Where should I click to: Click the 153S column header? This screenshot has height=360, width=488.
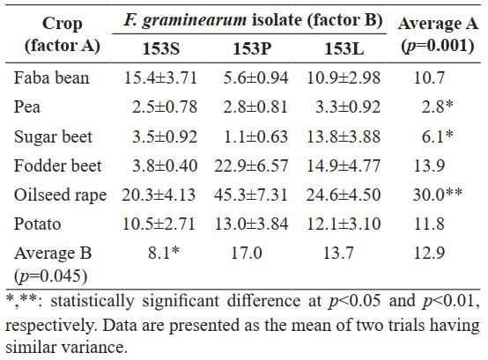point(161,48)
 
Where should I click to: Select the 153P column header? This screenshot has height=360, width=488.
point(252,48)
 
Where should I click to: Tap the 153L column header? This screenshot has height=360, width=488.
point(344,48)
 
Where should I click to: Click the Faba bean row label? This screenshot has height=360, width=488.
point(51,77)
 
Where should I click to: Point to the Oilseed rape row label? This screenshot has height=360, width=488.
point(60,195)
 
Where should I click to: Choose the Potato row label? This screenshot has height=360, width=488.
point(37,224)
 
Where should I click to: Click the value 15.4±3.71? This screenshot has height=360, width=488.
point(160,77)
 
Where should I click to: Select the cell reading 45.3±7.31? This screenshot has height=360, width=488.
point(250,195)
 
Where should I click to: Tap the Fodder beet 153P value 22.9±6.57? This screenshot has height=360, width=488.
point(251,165)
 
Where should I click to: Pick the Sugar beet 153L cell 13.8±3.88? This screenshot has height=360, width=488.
point(344,136)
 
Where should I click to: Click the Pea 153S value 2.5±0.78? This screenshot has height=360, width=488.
point(165,107)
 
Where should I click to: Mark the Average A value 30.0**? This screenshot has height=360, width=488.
point(437,195)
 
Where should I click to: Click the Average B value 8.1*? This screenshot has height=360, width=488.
point(164,253)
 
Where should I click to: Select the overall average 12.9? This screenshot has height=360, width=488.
point(429,253)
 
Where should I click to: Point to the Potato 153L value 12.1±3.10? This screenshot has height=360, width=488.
point(344,224)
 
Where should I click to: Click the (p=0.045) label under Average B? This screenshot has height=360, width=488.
point(50,276)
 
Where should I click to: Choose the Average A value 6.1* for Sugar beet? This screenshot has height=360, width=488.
point(437,136)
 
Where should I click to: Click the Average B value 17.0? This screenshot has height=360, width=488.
point(246,253)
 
